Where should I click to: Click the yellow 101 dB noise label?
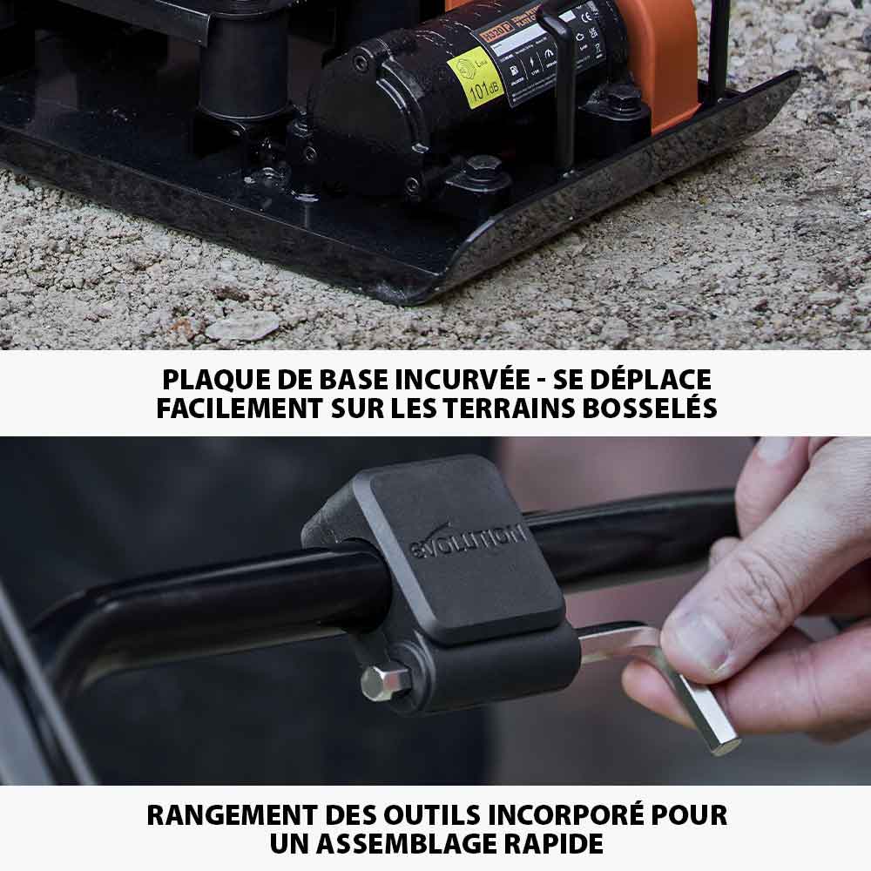pos(476,77)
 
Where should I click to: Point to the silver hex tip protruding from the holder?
pos(384,682)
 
